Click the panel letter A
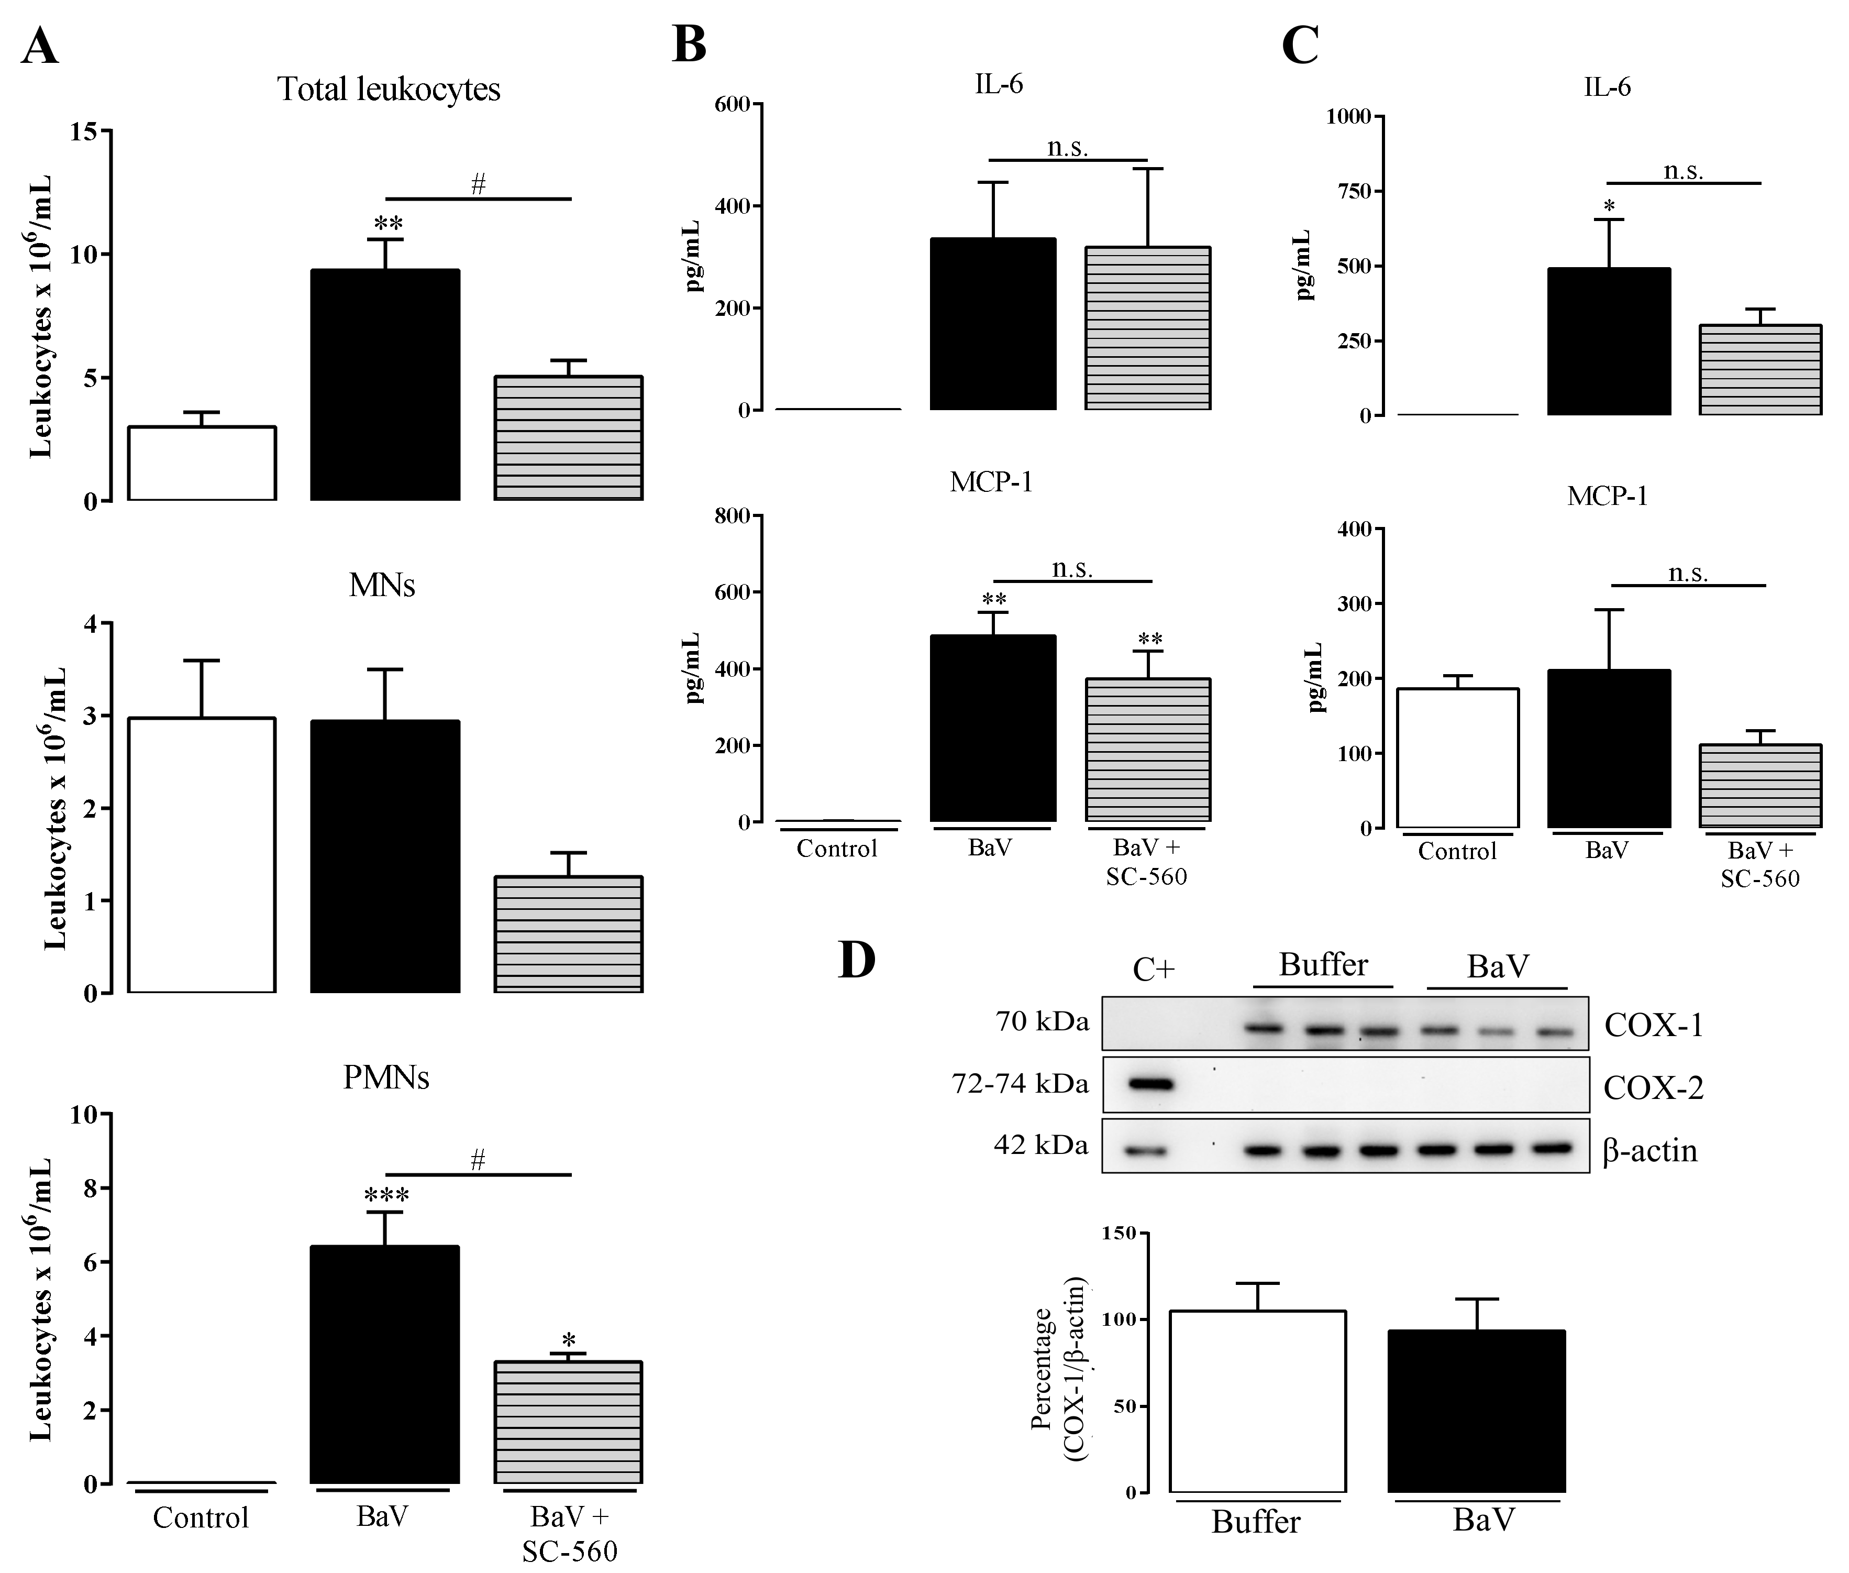[40, 47]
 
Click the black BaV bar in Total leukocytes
[385, 385]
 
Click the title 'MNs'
[382, 585]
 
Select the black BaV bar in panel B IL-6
[992, 325]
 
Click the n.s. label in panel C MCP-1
[1688, 573]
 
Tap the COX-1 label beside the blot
[1654, 1026]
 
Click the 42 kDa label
[1040, 1145]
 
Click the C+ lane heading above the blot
[1154, 969]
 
